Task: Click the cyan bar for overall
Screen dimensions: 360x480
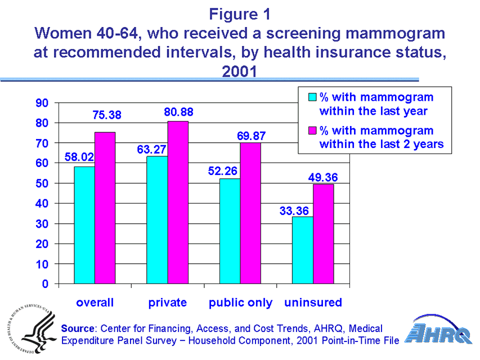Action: click(x=84, y=225)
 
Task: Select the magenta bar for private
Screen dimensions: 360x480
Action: click(x=178, y=202)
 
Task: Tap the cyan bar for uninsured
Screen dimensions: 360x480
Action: click(x=303, y=250)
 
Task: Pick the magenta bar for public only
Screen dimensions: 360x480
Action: click(x=251, y=213)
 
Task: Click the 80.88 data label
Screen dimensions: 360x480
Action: click(x=179, y=112)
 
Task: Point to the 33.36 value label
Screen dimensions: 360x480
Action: click(x=295, y=211)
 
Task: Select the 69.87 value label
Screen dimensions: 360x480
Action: click(x=250, y=136)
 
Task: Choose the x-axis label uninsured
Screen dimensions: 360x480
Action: click(x=313, y=303)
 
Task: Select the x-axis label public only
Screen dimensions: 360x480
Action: click(x=240, y=303)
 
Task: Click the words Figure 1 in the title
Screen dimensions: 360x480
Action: click(x=240, y=13)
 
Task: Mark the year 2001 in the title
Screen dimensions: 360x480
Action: click(x=240, y=71)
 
